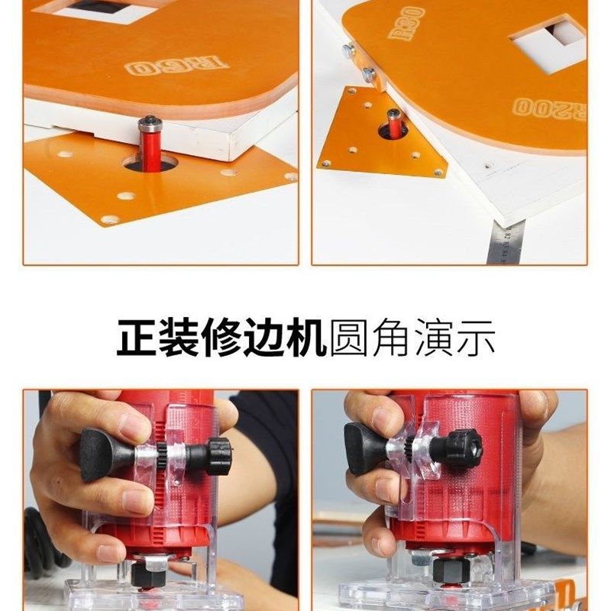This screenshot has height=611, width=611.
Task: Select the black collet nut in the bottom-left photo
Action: [x=147, y=571]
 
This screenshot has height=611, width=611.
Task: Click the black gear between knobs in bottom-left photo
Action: [x=163, y=455]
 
